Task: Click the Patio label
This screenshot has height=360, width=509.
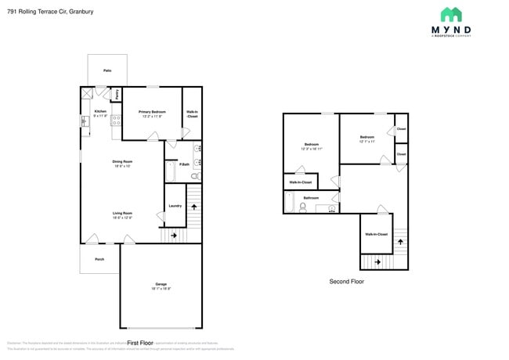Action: [107, 70]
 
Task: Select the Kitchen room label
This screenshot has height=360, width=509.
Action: [100, 112]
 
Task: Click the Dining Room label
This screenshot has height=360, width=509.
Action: [123, 161]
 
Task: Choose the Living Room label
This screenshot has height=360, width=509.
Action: [122, 213]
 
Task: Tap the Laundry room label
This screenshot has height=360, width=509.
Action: [175, 206]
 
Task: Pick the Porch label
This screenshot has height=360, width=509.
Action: [99, 259]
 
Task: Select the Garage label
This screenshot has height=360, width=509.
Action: [161, 284]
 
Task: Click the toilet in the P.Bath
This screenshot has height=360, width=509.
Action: [195, 178]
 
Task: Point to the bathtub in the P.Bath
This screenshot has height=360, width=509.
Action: [171, 171]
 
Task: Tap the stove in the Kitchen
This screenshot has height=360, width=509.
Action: [117, 121]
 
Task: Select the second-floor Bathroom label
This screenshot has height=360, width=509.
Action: [311, 198]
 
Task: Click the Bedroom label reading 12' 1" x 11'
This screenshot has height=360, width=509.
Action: [367, 137]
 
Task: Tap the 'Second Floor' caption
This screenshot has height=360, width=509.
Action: [346, 282]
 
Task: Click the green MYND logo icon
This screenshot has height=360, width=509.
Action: [451, 15]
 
